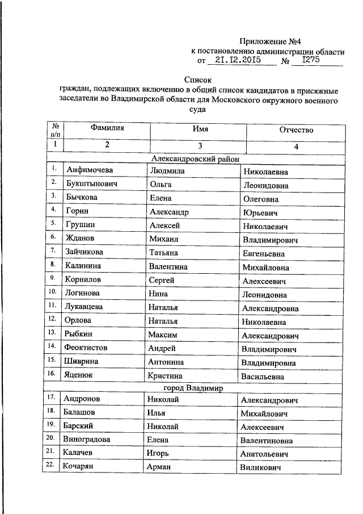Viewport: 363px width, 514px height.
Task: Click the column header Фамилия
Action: pyautogui.click(x=107, y=129)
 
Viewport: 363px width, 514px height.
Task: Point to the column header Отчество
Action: pyautogui.click(x=296, y=130)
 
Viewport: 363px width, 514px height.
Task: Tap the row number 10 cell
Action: pyautogui.click(x=52, y=292)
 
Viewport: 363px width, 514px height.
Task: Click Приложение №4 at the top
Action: pyautogui.click(x=264, y=41)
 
